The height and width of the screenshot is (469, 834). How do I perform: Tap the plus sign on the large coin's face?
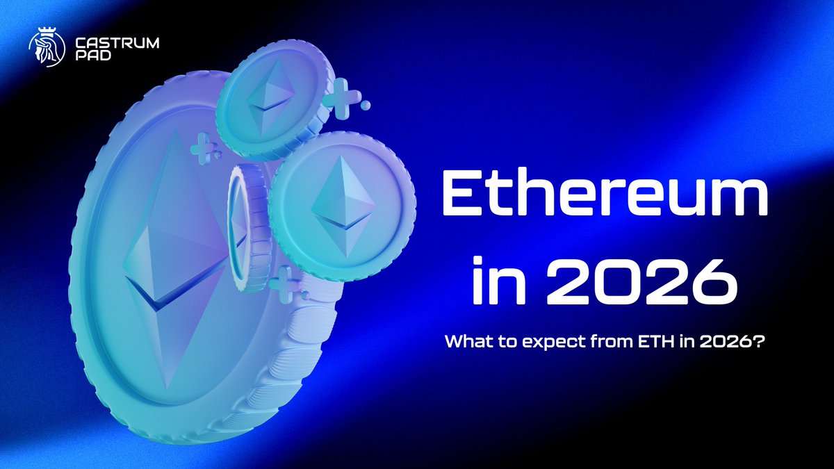pos(202,148)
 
